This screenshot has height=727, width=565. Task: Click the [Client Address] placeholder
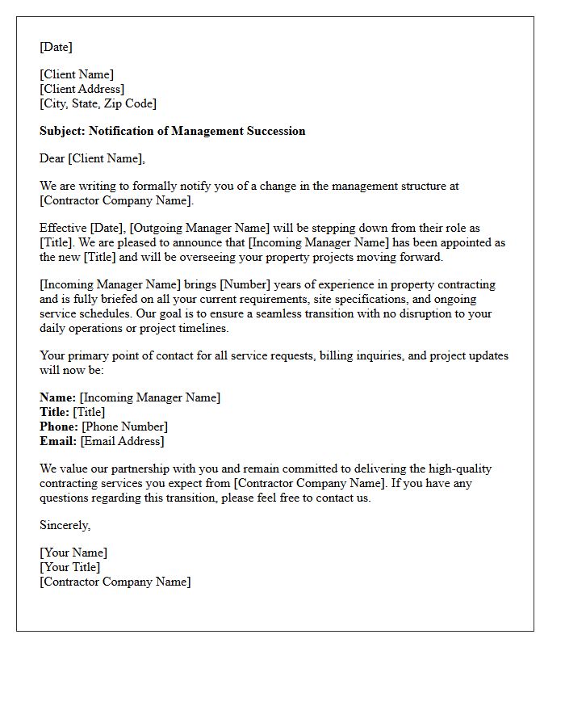pyautogui.click(x=82, y=89)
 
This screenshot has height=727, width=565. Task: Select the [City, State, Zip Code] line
pyautogui.click(x=98, y=103)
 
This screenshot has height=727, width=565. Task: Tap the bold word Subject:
pyautogui.click(x=62, y=131)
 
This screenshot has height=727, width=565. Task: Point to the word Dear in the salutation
pyautogui.click(x=52, y=158)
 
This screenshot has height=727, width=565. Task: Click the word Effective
pyautogui.click(x=63, y=228)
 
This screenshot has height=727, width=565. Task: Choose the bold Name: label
pyautogui.click(x=57, y=397)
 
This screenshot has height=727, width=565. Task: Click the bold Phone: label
pyautogui.click(x=59, y=427)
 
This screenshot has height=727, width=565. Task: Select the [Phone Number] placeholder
pyautogui.click(x=125, y=427)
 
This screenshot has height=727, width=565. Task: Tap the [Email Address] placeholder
pyautogui.click(x=122, y=441)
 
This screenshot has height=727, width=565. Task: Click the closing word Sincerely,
pyautogui.click(x=65, y=525)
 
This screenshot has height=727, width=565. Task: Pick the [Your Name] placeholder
pyautogui.click(x=73, y=553)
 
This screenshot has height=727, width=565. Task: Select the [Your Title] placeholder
pyautogui.click(x=70, y=567)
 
